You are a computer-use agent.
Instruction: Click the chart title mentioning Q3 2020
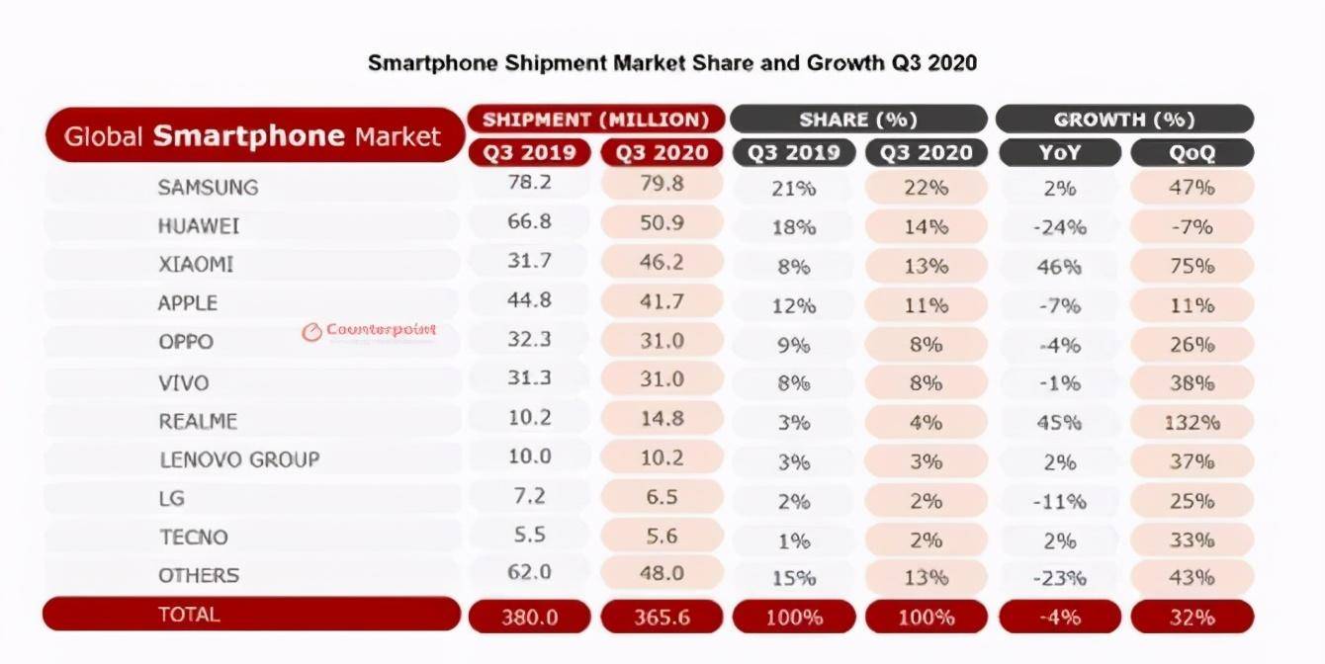click(x=672, y=63)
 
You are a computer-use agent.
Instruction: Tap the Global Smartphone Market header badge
click(x=253, y=135)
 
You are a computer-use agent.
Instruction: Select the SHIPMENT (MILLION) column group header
click(x=596, y=120)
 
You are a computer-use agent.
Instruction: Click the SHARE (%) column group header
click(x=857, y=120)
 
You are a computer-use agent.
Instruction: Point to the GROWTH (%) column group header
click(x=1124, y=120)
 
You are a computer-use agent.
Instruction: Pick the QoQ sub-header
click(x=1192, y=153)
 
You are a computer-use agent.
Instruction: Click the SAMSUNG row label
click(x=208, y=187)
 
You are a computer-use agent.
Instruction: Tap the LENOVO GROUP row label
click(x=239, y=459)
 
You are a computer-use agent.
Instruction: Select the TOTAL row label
click(x=189, y=615)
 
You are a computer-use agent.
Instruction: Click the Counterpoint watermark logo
click(x=369, y=332)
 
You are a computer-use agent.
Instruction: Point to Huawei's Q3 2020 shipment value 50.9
click(x=662, y=222)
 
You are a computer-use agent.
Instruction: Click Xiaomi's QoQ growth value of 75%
click(x=1192, y=266)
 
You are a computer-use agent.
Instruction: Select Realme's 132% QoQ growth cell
click(x=1192, y=422)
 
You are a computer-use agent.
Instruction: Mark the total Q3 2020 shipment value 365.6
click(x=662, y=617)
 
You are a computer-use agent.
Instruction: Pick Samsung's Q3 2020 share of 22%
click(x=926, y=188)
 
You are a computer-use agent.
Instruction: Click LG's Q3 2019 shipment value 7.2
click(x=529, y=497)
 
